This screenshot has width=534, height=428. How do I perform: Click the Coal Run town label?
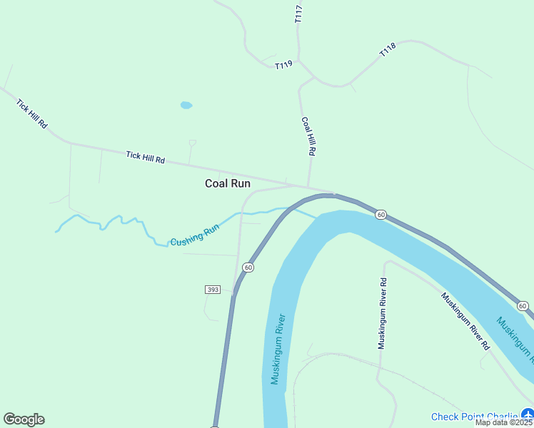(228, 183)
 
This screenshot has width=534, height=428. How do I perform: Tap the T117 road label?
(298, 15)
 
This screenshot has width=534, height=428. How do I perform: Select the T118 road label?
(388, 51)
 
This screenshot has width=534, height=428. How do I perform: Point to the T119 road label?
(283, 65)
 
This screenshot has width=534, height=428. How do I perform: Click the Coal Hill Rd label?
(308, 136)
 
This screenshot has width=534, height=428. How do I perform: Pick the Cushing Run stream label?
(194, 236)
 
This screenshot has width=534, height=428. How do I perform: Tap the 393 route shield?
(212, 290)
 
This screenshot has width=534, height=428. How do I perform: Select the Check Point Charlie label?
(474, 417)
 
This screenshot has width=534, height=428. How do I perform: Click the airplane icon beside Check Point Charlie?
(528, 414)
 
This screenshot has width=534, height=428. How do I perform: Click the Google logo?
(24, 419)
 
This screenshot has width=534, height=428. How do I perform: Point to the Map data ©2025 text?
(503, 422)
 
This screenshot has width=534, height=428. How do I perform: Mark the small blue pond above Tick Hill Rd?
(186, 105)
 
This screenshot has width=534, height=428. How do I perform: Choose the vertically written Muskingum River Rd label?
(383, 313)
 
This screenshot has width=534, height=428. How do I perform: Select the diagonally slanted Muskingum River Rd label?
(465, 321)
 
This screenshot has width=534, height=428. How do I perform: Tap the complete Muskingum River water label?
(278, 349)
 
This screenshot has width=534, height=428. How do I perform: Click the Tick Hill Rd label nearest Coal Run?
(146, 157)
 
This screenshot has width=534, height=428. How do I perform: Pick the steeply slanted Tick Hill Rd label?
(32, 113)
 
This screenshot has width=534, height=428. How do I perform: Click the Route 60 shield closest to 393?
(247, 267)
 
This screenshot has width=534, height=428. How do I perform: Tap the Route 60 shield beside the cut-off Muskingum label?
(523, 306)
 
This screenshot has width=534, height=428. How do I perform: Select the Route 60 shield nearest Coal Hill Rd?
(381, 214)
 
